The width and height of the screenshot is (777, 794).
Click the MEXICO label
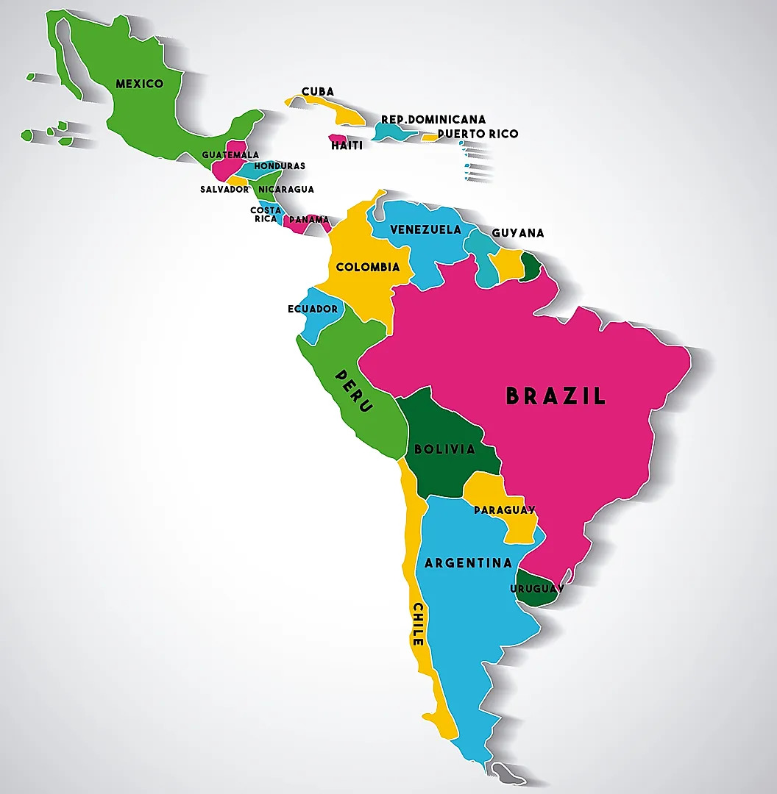(x=139, y=84)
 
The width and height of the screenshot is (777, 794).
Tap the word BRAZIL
(x=556, y=396)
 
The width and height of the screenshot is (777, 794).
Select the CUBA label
(x=317, y=92)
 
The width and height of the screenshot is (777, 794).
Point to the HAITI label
(x=347, y=146)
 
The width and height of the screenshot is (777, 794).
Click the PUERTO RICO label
(x=478, y=134)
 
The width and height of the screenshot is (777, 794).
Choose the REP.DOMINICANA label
(x=433, y=119)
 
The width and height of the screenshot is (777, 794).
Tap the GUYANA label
(x=518, y=233)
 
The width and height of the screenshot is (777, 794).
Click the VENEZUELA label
(x=425, y=229)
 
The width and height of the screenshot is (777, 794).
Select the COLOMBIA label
(x=368, y=267)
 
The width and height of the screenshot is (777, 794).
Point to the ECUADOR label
(x=313, y=309)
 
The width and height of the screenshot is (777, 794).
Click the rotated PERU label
(x=355, y=390)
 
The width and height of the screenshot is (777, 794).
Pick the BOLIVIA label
(x=444, y=448)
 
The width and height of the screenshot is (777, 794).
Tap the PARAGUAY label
(x=504, y=509)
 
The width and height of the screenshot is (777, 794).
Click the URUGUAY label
(x=537, y=589)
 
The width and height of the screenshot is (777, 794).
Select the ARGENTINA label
(x=468, y=563)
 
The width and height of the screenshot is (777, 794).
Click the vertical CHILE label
(x=418, y=624)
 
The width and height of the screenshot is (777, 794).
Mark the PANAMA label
(x=309, y=219)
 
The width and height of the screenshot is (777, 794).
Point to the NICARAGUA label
(x=286, y=189)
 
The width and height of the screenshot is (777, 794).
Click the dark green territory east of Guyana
(x=530, y=267)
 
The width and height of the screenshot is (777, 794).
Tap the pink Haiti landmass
(x=338, y=137)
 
